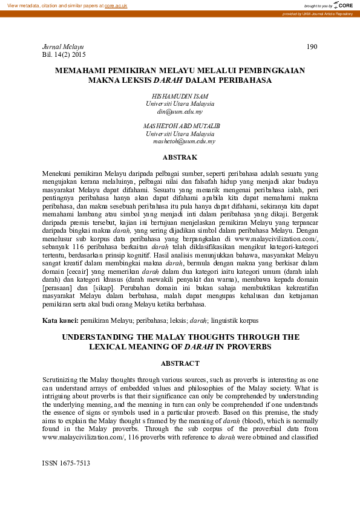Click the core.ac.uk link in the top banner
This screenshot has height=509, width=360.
[x=116, y=5]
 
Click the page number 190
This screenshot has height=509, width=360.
[x=312, y=47]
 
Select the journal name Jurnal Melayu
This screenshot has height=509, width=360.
[x=63, y=47]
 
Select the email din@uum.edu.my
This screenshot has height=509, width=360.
[x=180, y=112]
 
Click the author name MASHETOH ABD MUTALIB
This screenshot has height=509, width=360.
[x=182, y=126]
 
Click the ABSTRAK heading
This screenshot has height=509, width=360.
[x=180, y=158]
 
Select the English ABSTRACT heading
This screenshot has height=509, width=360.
[x=180, y=363]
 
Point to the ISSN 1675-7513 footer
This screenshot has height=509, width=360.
[x=66, y=463]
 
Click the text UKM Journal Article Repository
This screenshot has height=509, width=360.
[x=329, y=13]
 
